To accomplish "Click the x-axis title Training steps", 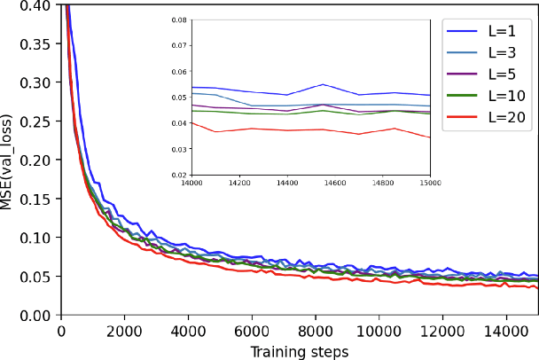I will pos(299,351).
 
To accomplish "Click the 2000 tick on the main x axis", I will pos(124,330).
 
